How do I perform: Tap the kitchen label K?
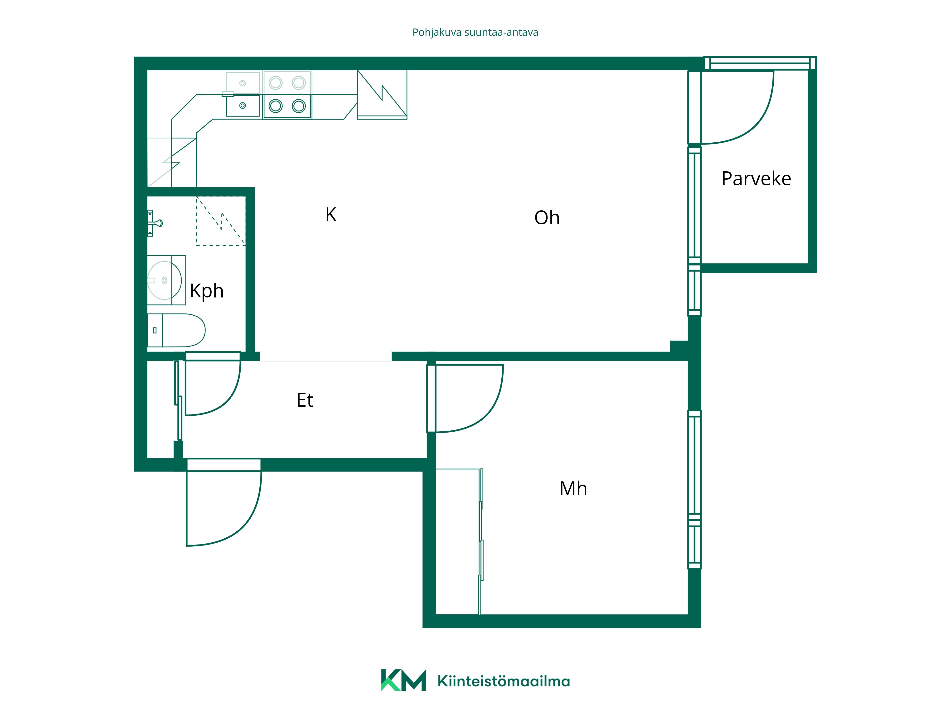click(x=331, y=214)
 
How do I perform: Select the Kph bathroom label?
click(x=207, y=291)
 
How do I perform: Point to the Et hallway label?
click(x=305, y=400)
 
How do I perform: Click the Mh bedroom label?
click(x=573, y=489)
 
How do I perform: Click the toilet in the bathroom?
click(x=176, y=330)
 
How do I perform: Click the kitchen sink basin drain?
click(x=243, y=105)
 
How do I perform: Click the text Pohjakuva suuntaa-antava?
click(x=475, y=33)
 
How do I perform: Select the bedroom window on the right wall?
click(x=694, y=490)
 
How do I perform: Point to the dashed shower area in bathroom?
click(x=221, y=221)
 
